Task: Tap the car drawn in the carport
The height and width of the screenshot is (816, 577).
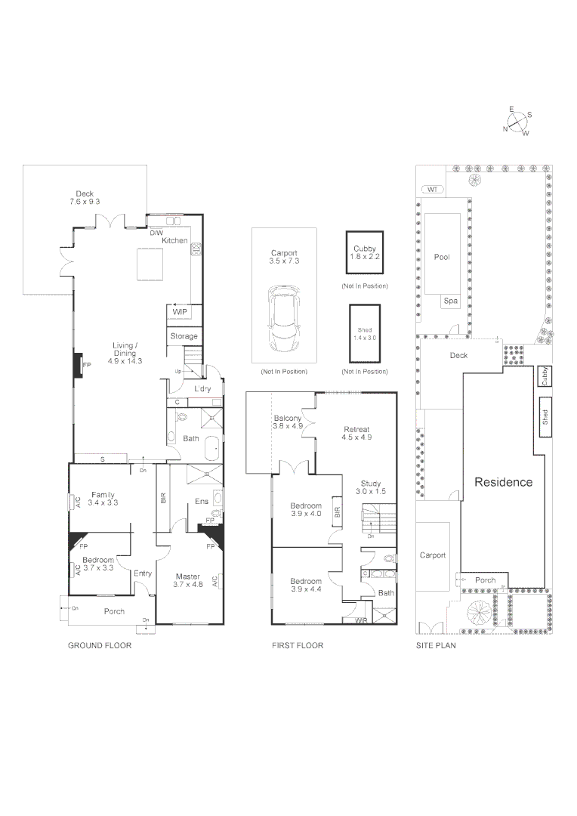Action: click(x=285, y=319)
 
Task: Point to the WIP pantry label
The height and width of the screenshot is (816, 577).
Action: click(x=180, y=312)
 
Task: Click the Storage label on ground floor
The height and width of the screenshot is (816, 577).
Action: click(x=184, y=336)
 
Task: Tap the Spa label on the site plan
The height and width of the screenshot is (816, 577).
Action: click(x=450, y=301)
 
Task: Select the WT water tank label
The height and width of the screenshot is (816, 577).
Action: click(x=432, y=189)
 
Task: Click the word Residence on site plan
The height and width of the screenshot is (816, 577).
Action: click(x=503, y=482)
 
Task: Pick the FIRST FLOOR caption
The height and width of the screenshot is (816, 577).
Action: click(x=298, y=646)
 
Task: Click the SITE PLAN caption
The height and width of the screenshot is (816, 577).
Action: click(x=436, y=646)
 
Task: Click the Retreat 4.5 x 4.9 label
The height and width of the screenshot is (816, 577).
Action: click(x=357, y=433)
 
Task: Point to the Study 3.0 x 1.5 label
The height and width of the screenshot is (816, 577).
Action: click(x=371, y=487)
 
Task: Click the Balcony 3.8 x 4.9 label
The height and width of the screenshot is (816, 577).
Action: click(x=287, y=422)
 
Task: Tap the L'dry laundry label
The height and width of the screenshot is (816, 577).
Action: click(x=202, y=389)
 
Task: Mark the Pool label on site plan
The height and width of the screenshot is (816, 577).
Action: click(x=442, y=257)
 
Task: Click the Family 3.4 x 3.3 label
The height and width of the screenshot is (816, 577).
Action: click(x=103, y=499)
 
